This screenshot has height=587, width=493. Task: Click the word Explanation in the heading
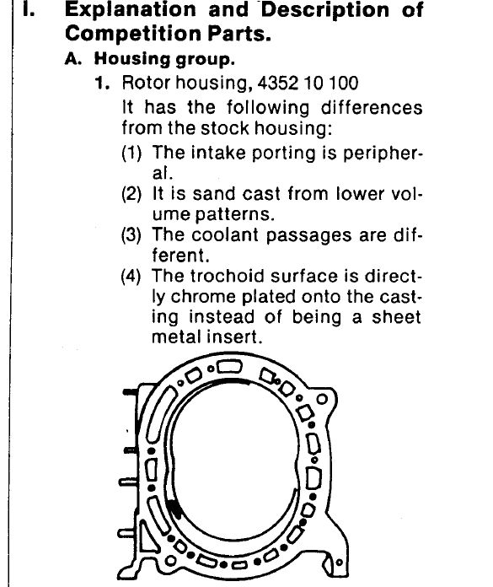(x=130, y=10)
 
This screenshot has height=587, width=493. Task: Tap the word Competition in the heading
(x=133, y=34)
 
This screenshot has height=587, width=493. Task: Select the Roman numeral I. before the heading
(x=29, y=10)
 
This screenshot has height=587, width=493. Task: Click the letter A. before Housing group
(x=73, y=59)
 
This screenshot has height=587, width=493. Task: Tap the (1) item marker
(x=131, y=153)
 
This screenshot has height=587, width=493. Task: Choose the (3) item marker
(x=131, y=235)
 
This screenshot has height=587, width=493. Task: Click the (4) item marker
(x=131, y=277)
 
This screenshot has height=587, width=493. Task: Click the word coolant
(x=225, y=235)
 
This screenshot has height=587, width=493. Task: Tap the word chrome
(x=203, y=297)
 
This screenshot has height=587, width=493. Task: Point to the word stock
(x=225, y=128)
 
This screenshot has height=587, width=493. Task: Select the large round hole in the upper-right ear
(x=322, y=399)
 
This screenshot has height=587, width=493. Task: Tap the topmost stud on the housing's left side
(x=131, y=392)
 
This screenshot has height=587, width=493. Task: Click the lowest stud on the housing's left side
(x=126, y=533)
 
